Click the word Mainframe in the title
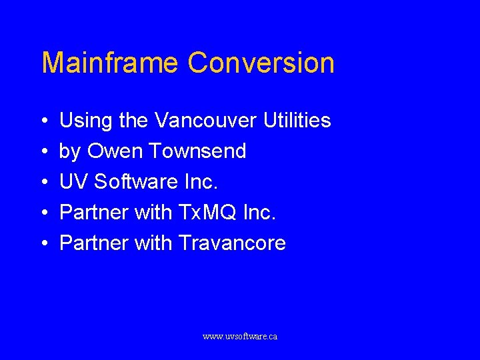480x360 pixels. coord(110,63)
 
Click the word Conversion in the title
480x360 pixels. coord(261,63)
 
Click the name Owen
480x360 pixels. coord(115,151)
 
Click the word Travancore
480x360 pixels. coord(232,243)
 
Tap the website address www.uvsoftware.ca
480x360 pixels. coord(240,337)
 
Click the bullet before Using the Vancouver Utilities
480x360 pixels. coord(43,121)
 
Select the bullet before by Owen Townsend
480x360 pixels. coord(43,152)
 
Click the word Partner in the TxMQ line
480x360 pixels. coord(94,213)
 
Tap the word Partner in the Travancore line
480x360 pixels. coord(94,243)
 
